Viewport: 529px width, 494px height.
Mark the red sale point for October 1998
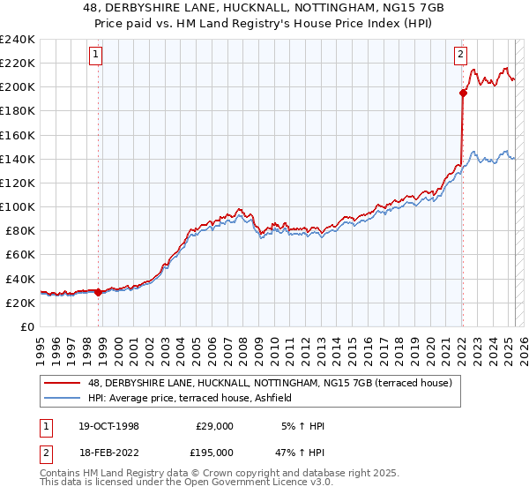[98, 293]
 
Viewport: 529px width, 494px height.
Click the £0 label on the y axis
[26, 326]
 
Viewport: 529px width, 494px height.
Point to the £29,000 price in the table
[214, 426]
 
